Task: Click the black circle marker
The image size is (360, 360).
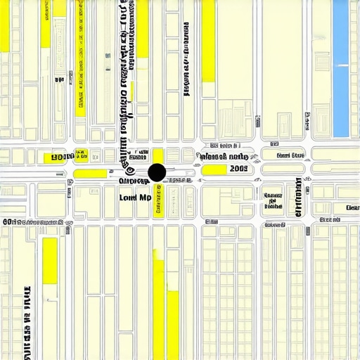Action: (x=157, y=172)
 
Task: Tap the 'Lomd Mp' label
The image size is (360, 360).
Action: (x=136, y=198)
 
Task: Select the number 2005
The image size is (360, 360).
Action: (x=238, y=169)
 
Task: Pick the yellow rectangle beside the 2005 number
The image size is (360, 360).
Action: (x=214, y=169)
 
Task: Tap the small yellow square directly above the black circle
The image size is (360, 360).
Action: (x=158, y=155)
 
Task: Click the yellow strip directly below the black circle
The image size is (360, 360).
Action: (x=158, y=200)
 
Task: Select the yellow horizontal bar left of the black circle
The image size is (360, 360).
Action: (x=90, y=174)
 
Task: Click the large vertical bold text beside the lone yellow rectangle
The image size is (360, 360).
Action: (x=27, y=320)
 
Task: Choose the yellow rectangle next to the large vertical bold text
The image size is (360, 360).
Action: (x=49, y=261)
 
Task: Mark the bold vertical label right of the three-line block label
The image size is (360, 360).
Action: (x=298, y=196)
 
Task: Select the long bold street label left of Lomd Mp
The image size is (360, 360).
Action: (x=35, y=222)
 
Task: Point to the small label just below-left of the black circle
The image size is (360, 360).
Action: (x=134, y=181)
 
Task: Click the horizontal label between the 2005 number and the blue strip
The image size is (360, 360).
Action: (x=290, y=155)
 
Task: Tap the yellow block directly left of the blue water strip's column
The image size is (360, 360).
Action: (x=208, y=42)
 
